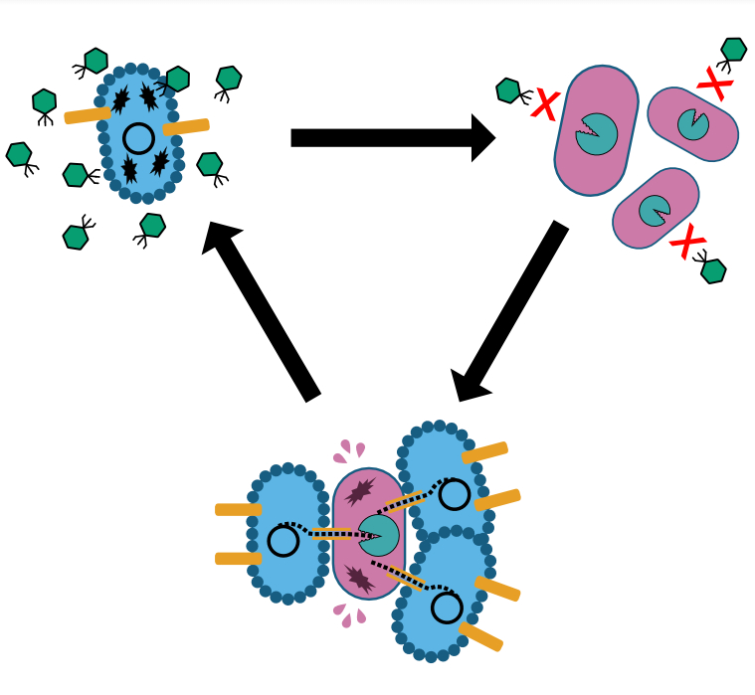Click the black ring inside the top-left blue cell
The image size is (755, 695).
[x=139, y=138]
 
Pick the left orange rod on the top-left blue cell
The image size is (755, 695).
[x=87, y=115]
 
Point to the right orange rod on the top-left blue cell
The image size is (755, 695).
[x=186, y=126]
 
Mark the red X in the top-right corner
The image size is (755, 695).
[x=715, y=84]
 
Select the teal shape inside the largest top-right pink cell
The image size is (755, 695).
[x=597, y=133]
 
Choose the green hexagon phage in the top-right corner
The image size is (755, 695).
[x=734, y=49]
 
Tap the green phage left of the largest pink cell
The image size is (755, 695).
[x=508, y=90]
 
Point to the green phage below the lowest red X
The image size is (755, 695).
[x=713, y=270]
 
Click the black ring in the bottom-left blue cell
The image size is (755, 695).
[x=283, y=542]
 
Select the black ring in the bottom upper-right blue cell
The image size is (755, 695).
[x=455, y=494]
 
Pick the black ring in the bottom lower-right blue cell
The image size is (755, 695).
[x=447, y=608]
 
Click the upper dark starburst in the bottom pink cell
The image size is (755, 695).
[x=360, y=491]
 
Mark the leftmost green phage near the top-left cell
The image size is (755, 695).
[x=18, y=154]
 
